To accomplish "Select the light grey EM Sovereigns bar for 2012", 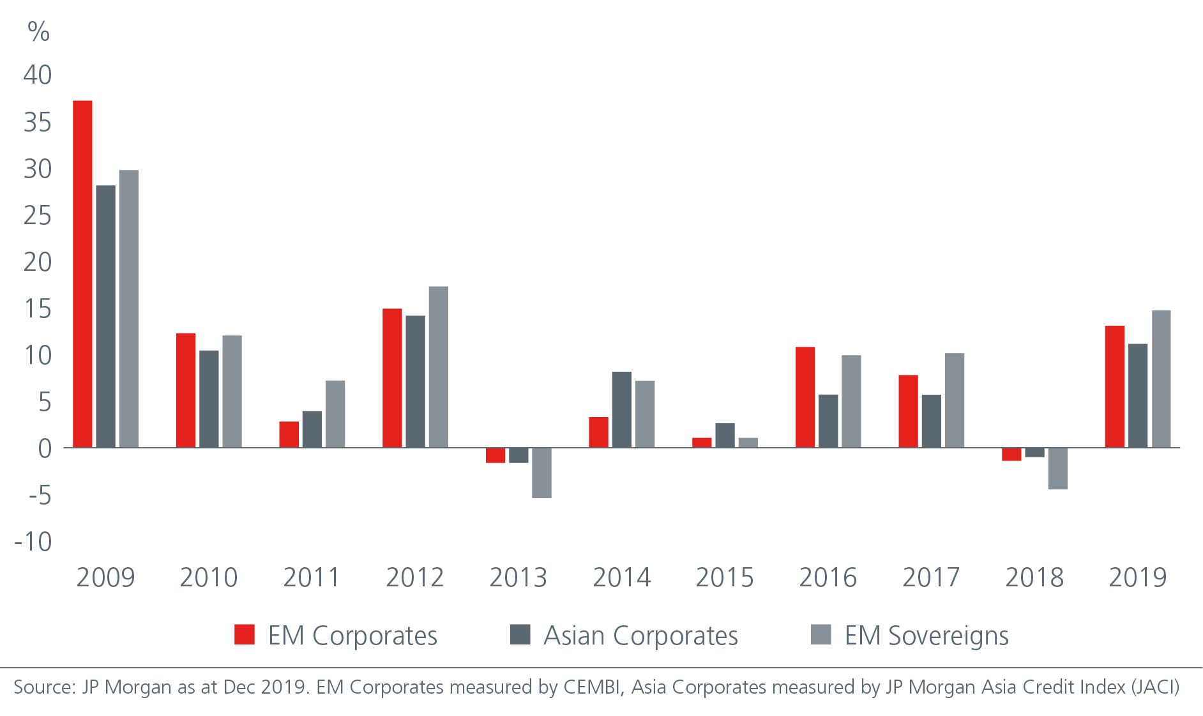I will pos(438,367).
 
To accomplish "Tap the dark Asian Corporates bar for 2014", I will pos(621,409).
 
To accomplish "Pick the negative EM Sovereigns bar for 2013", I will pos(541,473).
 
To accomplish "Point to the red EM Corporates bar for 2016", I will pos(805,397).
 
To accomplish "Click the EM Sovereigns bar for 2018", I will pos(1057,468).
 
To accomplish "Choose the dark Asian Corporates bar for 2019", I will pos(1137,395).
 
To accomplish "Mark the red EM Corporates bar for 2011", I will pos(289,434).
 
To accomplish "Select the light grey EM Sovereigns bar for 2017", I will pos(954,400).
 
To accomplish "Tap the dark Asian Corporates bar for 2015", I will pos(725,435).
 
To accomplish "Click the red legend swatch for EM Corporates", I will pos(245,634).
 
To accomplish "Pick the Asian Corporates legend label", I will pos(640,636).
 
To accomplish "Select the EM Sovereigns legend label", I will pos(927,636).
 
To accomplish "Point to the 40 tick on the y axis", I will pos(38,75).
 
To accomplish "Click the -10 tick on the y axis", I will pos(34,542).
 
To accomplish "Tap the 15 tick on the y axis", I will pos(38,308).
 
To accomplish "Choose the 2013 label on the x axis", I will pos(518,577).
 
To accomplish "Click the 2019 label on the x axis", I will pos(1137,577).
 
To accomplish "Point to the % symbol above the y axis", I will pos(39,31).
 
